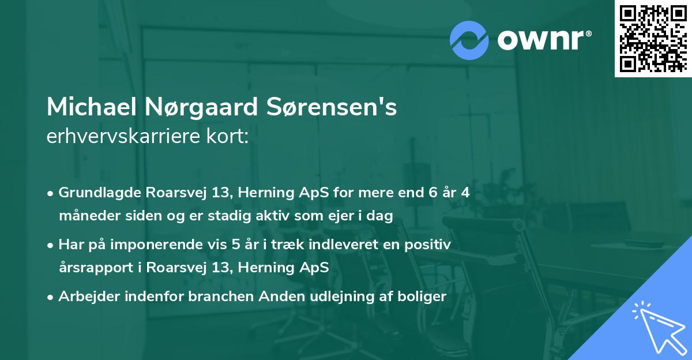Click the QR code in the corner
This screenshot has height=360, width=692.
[653, 39]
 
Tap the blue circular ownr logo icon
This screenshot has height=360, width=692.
[470, 40]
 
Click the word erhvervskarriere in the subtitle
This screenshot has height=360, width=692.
[119, 136]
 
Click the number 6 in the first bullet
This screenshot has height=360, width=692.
[426, 193]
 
